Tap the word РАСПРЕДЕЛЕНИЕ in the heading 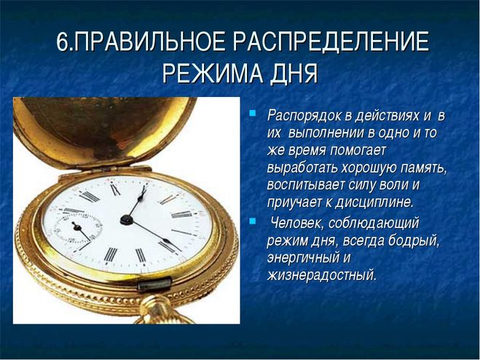point(326,42)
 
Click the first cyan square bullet point(252,113)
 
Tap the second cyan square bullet point(252,222)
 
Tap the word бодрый point(414,241)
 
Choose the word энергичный point(302,258)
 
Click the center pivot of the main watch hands point(126,219)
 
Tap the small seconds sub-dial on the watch point(78,229)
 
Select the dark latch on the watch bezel point(154,283)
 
